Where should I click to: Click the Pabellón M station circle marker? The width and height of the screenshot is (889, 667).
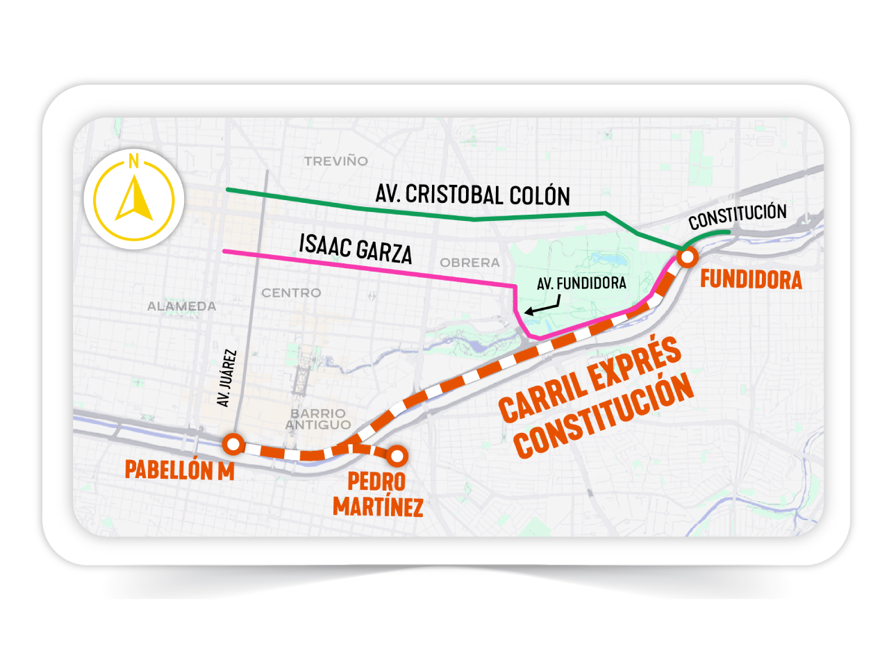(233, 443)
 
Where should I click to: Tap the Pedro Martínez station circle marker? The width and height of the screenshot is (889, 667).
(397, 456)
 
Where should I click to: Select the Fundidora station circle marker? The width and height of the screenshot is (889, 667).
(688, 258)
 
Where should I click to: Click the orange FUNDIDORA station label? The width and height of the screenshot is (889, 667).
(751, 279)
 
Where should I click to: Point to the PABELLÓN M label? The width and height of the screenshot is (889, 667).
(179, 470)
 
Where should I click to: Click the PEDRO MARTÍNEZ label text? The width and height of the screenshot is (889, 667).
(378, 494)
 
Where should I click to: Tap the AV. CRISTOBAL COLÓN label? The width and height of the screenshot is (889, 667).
(472, 195)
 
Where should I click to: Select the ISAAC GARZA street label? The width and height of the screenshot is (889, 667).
(356, 249)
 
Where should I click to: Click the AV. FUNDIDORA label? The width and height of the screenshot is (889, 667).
(581, 283)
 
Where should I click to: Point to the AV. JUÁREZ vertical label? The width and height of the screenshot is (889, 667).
(226, 379)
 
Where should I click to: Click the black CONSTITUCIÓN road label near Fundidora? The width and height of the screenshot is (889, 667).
(738, 217)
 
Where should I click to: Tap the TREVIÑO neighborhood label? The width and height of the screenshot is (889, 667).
(336, 161)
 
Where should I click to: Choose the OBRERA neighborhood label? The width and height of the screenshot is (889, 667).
(470, 263)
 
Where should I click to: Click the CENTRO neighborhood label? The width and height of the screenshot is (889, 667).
(291, 293)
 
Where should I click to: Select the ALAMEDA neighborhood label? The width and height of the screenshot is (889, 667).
(181, 306)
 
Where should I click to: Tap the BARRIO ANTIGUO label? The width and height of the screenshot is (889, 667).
(318, 419)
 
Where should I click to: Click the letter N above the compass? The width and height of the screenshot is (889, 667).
(133, 162)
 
